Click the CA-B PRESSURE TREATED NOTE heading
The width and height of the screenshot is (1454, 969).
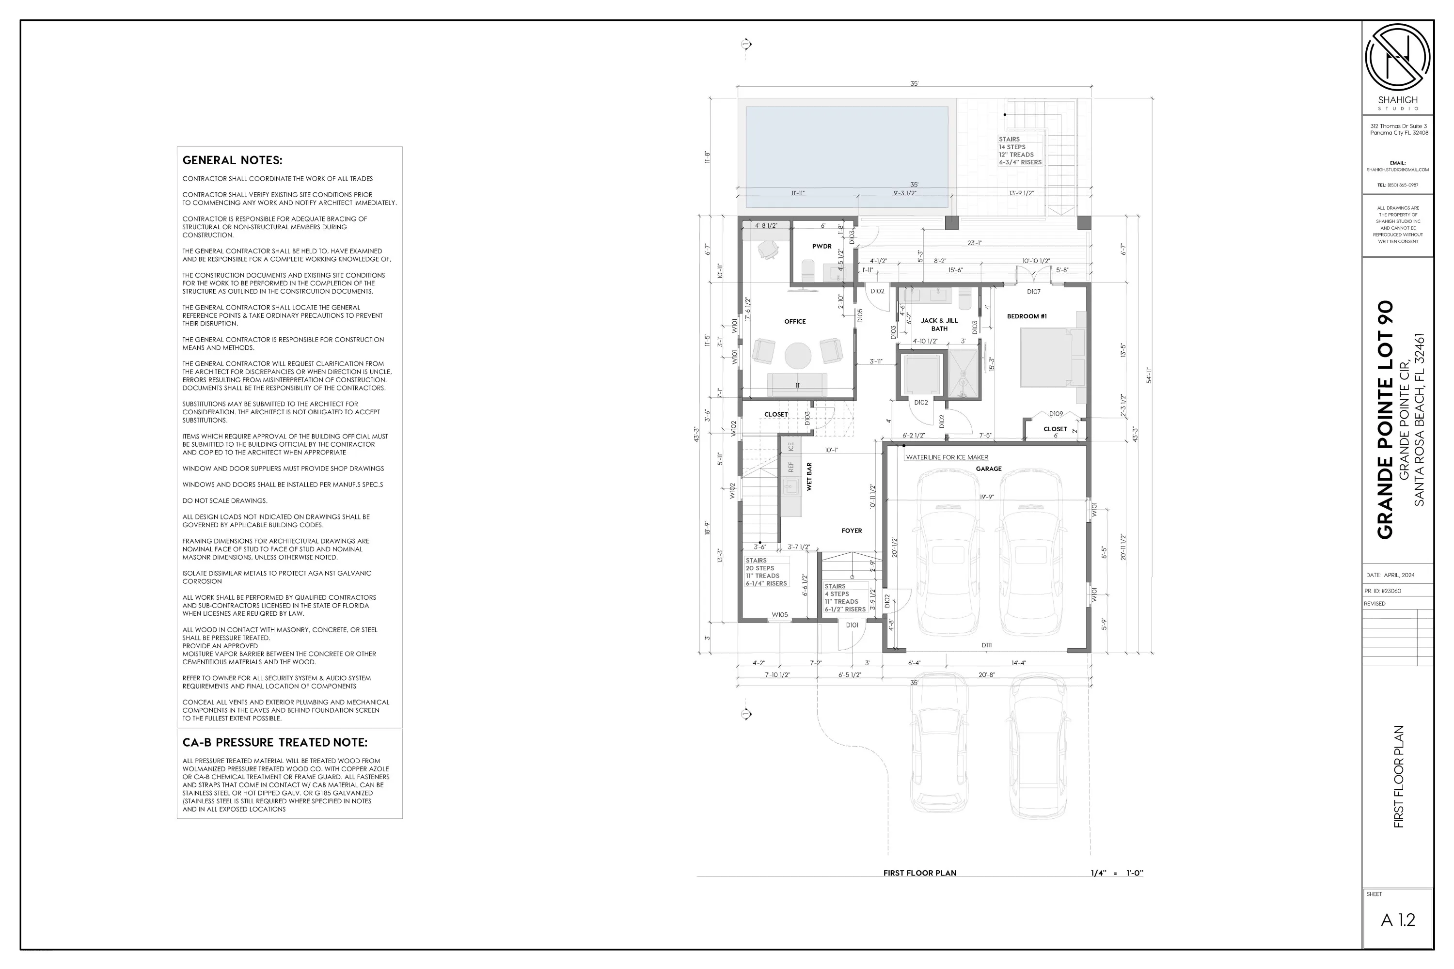click(x=274, y=742)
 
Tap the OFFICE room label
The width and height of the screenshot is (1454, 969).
click(x=794, y=321)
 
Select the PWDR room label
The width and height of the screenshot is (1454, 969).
click(x=822, y=247)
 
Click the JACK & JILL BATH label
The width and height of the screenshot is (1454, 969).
click(x=939, y=325)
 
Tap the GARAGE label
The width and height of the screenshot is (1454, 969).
click(x=989, y=469)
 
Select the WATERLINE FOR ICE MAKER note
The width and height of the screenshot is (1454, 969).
click(x=947, y=457)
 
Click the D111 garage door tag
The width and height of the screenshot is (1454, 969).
click(x=987, y=645)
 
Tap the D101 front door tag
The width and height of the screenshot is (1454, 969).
click(x=852, y=625)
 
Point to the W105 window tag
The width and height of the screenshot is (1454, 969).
click(x=779, y=615)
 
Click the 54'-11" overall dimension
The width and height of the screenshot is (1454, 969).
click(x=1149, y=375)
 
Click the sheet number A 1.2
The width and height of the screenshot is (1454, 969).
click(x=1398, y=920)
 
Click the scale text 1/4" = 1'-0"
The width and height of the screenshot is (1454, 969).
click(x=1117, y=873)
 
